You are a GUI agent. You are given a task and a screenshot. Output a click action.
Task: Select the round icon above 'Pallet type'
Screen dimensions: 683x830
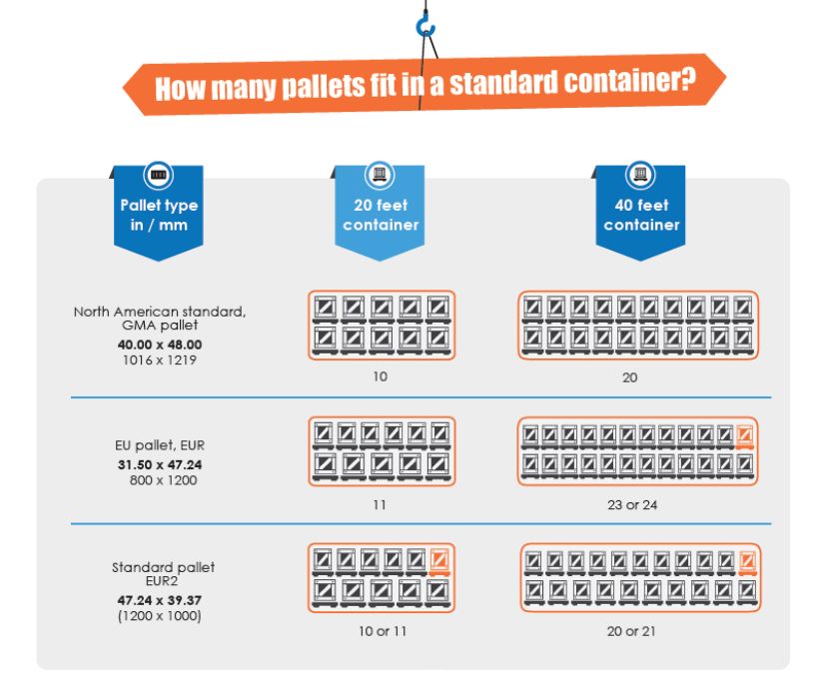tap(159, 176)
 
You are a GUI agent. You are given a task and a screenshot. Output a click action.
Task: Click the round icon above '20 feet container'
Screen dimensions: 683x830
tap(379, 176)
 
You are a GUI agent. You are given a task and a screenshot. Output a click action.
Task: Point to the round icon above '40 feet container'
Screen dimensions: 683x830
tap(640, 176)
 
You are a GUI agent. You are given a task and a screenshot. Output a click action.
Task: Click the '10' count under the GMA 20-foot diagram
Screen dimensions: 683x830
tap(380, 376)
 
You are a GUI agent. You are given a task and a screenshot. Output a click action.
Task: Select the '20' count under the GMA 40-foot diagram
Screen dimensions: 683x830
tap(629, 377)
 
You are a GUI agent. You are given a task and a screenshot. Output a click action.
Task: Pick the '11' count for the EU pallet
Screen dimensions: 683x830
tap(380, 505)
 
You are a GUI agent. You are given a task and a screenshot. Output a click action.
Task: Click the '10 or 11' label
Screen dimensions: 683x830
tap(382, 631)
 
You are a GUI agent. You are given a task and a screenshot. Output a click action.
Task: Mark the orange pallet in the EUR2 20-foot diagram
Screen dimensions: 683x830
tap(440, 562)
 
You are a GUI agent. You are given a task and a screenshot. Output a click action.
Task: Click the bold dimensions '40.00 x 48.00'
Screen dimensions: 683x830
tap(160, 344)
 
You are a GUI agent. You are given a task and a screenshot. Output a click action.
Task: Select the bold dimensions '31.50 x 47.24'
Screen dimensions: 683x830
tap(160, 465)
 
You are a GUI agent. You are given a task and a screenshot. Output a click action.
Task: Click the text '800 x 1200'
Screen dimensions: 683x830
tap(164, 480)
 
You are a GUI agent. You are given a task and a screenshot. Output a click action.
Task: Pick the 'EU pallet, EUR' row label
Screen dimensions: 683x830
tap(160, 445)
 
